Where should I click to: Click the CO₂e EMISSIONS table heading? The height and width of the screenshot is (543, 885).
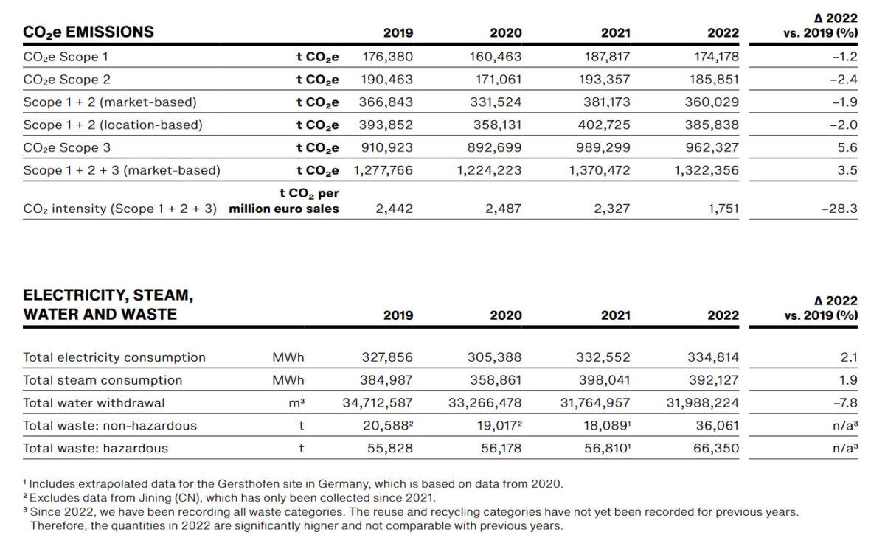tap(88, 32)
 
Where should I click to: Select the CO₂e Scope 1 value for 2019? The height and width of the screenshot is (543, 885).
tap(387, 57)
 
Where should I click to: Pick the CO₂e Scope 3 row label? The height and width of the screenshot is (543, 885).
tap(67, 147)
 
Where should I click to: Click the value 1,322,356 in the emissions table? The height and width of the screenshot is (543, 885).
tap(706, 170)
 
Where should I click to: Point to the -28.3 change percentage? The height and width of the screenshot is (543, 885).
tap(839, 209)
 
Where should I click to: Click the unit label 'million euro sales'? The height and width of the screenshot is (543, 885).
tap(284, 209)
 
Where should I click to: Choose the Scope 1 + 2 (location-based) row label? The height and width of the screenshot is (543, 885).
tap(112, 125)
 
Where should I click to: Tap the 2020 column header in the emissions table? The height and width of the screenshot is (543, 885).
tap(505, 32)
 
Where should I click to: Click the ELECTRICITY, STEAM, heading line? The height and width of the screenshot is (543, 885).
tap(108, 295)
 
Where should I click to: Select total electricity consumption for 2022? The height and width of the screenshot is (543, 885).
tap(712, 357)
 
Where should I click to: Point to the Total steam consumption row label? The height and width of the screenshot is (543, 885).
tap(103, 380)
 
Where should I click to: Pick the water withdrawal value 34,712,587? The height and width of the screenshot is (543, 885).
tap(378, 403)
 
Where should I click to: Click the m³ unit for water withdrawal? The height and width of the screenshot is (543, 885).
tap(298, 403)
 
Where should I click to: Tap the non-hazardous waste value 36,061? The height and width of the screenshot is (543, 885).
tap(717, 426)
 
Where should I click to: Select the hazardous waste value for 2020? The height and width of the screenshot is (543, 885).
tap(501, 449)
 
